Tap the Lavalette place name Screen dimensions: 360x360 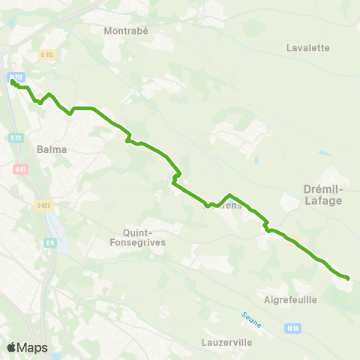click(307, 47)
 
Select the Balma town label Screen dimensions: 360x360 click(52, 149)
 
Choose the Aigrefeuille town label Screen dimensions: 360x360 click(291, 299)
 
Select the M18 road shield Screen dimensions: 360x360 click(292, 328)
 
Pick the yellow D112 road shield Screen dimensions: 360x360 click(48, 55)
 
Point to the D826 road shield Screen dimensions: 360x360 click(41, 204)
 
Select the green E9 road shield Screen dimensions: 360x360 click(49, 242)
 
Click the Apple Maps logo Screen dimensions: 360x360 click(11, 347)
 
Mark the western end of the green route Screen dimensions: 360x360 click(13, 82)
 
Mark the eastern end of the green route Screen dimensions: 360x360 click(348, 278)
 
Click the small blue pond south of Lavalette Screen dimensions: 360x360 click(257, 160)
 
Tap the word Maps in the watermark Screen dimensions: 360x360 click(33, 347)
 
